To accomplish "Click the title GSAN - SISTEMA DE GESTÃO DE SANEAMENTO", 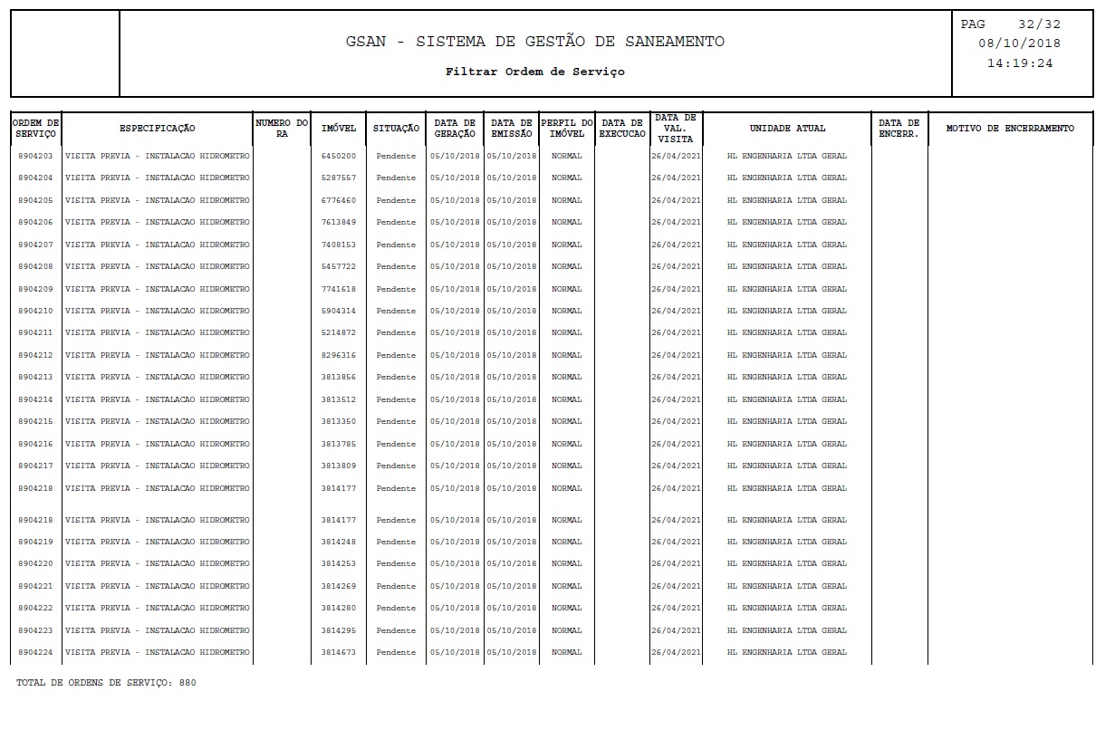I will coord(534,43).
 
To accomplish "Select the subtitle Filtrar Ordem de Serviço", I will coord(534,72).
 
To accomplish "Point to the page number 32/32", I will coord(1038,24).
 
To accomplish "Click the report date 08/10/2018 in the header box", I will coord(1020,43).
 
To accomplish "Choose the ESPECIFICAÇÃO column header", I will coord(157,129).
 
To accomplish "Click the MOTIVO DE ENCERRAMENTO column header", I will coord(1010,129).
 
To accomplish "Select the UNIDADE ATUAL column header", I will coord(787,129).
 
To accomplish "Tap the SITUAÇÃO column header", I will coord(396,129).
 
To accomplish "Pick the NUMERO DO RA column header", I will coord(282,128).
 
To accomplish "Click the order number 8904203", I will coord(35,156).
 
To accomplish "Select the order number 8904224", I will coord(35,652).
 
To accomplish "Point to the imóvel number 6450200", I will coord(339,156).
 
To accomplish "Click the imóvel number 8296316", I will coord(339,355).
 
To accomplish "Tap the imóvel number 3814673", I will coord(339,652).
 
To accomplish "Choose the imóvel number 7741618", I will coord(339,289).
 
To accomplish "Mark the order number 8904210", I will coord(35,311).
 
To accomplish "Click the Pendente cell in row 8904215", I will coord(396,421).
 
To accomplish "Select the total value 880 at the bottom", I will coord(187,683).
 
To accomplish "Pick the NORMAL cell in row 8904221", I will coord(567,586).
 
